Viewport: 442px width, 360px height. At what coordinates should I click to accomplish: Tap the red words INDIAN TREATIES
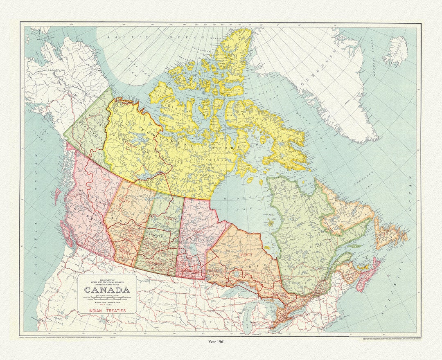(108, 311)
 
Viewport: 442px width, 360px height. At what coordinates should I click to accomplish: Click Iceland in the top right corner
(396, 51)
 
